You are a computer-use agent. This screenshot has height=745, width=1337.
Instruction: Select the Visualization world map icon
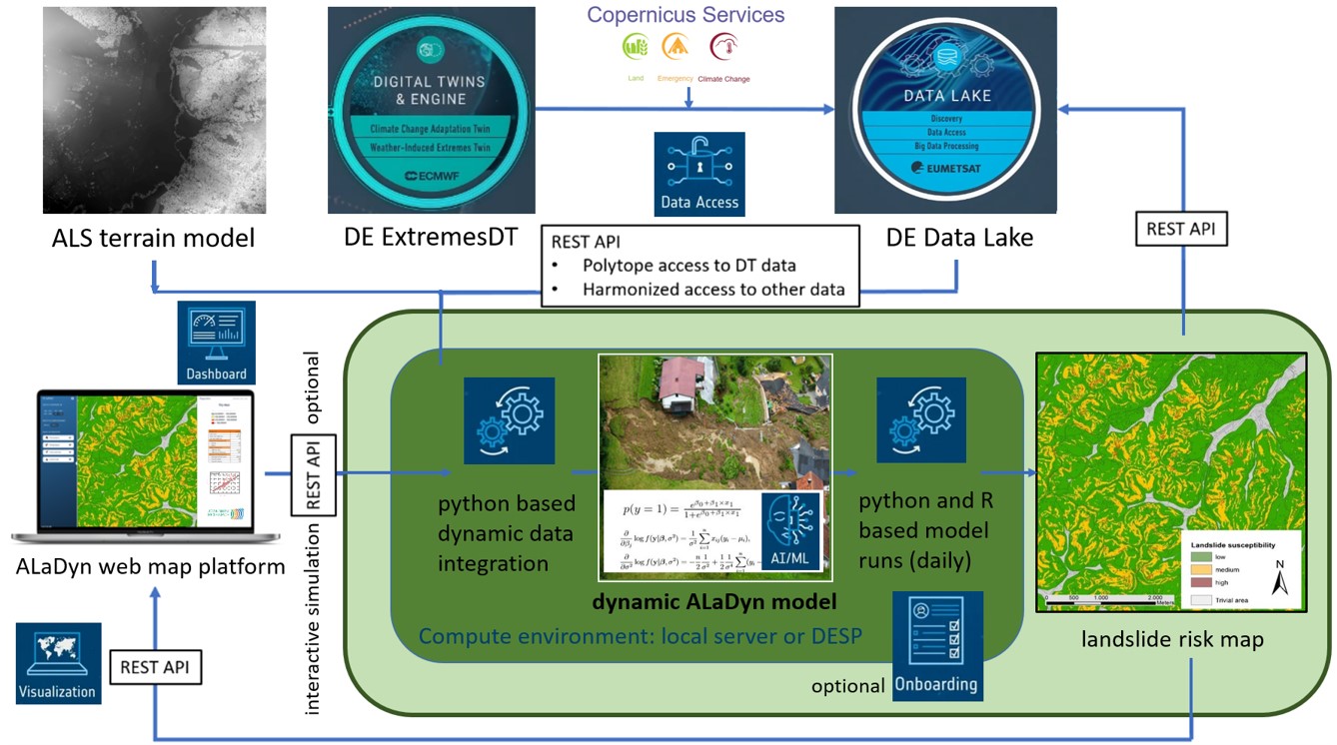(58, 663)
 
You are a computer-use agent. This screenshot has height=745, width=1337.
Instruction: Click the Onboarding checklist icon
(936, 644)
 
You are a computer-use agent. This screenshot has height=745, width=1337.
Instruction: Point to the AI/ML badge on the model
(789, 534)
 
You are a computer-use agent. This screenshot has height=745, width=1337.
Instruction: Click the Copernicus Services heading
(685, 15)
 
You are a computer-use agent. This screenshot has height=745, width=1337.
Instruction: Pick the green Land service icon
(635, 47)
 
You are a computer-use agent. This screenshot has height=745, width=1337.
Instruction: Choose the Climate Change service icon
(723, 47)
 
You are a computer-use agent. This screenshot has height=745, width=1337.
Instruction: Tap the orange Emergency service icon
(676, 47)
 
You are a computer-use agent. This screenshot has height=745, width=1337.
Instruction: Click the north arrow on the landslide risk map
(1280, 577)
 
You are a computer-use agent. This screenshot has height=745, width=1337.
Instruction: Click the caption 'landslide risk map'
(1172, 639)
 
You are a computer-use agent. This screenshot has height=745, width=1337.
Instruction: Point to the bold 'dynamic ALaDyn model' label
(713, 602)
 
